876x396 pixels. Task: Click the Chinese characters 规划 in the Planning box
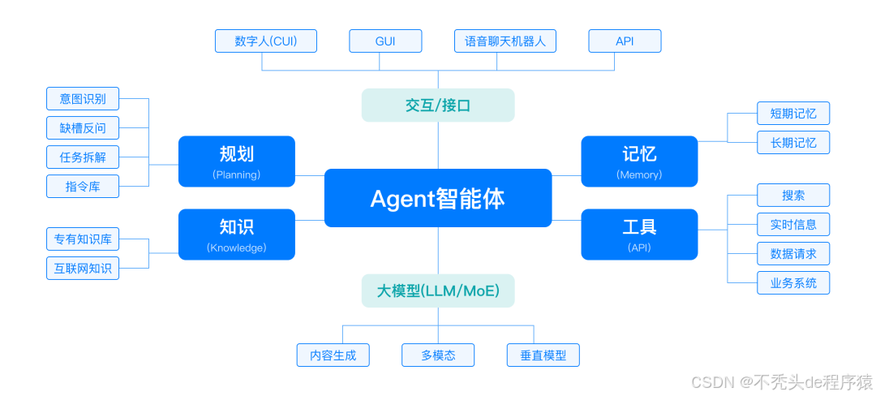pos(236,154)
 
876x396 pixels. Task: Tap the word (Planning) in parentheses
pos(236,174)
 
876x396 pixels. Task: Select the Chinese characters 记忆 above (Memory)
pos(639,154)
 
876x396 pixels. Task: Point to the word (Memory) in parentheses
pos(639,174)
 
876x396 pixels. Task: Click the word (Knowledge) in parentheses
pos(236,247)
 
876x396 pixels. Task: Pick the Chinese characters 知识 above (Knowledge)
pos(236,226)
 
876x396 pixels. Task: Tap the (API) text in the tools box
pos(639,247)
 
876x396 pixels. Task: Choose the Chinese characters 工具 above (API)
pos(639,226)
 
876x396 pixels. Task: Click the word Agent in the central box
pos(402,199)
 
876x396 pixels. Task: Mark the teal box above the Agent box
pos(438,105)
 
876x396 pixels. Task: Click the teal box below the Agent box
pos(438,291)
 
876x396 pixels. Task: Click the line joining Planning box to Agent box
pos(309,174)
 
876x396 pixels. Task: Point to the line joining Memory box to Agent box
pos(566,174)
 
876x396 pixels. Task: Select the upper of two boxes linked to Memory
pos(793,113)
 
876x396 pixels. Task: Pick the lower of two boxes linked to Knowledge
pos(83,268)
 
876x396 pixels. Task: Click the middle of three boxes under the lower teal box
pos(438,355)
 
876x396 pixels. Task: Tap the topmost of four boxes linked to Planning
pos(83,98)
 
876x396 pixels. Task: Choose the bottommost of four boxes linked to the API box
pos(793,282)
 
